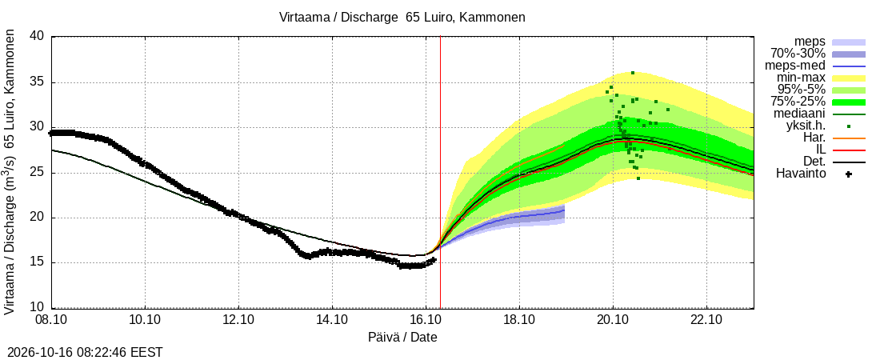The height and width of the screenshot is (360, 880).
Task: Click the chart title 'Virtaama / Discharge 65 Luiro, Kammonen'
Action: click(x=402, y=18)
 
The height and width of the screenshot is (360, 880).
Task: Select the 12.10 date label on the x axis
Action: click(x=238, y=322)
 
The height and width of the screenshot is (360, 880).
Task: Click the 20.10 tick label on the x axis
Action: click(x=613, y=322)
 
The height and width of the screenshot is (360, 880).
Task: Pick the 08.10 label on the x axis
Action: click(x=52, y=322)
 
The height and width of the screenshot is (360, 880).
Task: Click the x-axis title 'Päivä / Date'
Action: click(x=402, y=338)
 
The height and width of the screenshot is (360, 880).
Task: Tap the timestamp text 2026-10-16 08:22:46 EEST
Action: click(x=82, y=353)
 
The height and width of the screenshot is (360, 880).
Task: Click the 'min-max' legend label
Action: click(x=801, y=78)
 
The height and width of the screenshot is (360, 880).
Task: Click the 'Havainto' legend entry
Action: click(x=801, y=174)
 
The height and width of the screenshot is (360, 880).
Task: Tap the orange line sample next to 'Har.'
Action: click(x=849, y=138)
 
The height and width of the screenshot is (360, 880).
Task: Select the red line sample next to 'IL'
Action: click(x=849, y=150)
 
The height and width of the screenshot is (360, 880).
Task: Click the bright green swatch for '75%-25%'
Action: click(x=849, y=102)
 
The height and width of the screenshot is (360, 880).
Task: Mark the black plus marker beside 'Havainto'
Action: click(x=849, y=174)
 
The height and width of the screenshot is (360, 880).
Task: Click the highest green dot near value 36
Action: click(x=633, y=73)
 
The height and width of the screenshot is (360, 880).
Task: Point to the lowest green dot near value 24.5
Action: click(x=638, y=178)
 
